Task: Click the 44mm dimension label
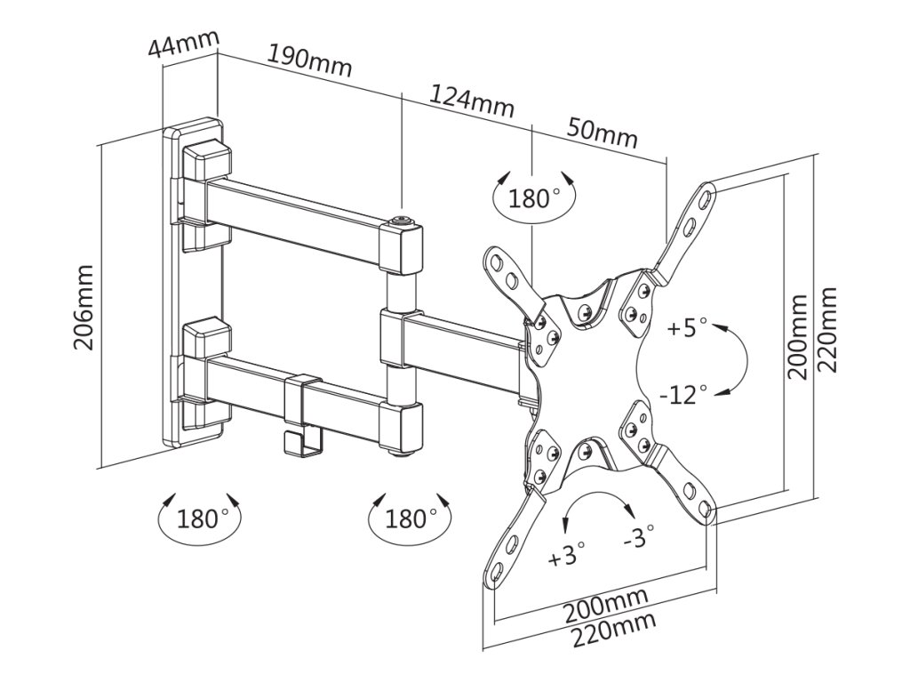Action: tap(183, 45)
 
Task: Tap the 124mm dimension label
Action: tap(472, 100)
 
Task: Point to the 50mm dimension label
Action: tap(603, 133)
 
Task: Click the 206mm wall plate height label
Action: tap(84, 307)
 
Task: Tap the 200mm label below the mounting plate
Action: tap(604, 605)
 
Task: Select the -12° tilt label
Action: tap(684, 391)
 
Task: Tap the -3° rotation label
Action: tap(639, 535)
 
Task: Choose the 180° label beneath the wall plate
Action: tap(202, 518)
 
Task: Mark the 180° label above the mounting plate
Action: tap(534, 197)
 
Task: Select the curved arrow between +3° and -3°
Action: tap(599, 503)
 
